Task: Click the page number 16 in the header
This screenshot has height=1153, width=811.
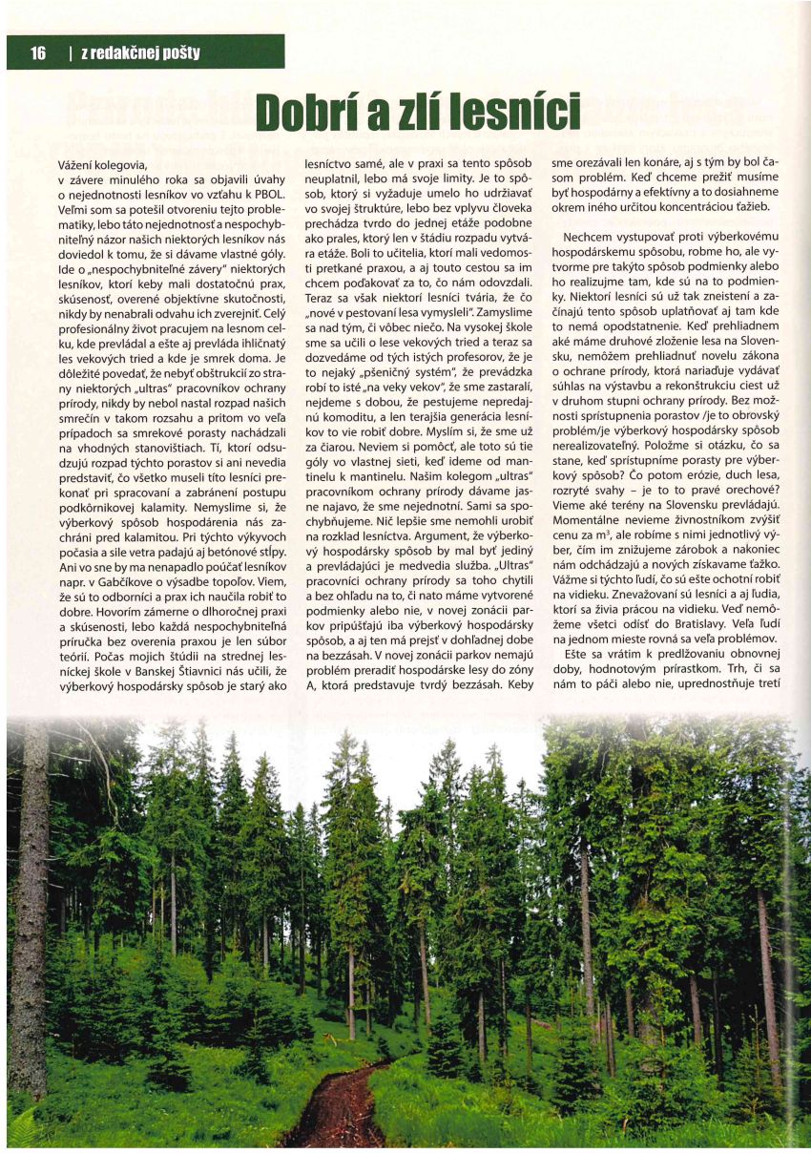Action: (38, 52)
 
